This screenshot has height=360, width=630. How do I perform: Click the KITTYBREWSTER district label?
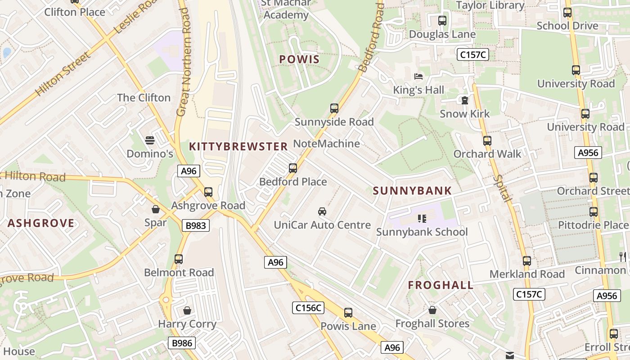[x=238, y=147]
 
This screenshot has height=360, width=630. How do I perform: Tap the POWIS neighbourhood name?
[x=299, y=59]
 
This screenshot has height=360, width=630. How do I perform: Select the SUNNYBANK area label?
[x=412, y=191]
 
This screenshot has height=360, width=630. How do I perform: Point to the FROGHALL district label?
[x=441, y=285]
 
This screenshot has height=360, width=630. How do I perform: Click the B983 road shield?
[x=196, y=225]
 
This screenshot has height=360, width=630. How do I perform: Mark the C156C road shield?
[x=308, y=308]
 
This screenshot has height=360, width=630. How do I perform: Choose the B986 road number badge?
[x=182, y=343]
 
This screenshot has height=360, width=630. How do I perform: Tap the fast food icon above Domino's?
[x=150, y=140]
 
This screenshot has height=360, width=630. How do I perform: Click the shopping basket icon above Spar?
[x=156, y=209]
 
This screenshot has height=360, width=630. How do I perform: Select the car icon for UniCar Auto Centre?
[x=322, y=211]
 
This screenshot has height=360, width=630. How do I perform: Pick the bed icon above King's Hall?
[x=418, y=76]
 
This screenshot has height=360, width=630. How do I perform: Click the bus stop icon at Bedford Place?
[x=293, y=168]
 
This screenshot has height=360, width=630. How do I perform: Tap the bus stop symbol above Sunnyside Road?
[x=334, y=108]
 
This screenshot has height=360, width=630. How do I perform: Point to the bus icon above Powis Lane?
[x=348, y=313]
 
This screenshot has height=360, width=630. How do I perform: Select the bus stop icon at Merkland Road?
[x=527, y=261]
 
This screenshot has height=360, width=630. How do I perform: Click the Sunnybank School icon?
[x=422, y=219]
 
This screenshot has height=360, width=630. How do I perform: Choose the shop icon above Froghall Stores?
[x=432, y=310]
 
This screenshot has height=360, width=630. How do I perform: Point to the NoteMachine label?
[x=326, y=144]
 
